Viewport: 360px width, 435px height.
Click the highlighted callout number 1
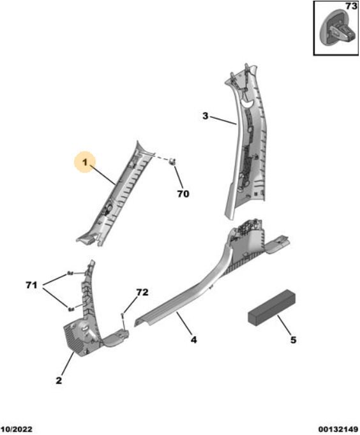85,162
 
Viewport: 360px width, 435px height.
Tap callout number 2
59,380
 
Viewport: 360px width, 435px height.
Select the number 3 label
205,115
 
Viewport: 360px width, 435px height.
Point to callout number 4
194,339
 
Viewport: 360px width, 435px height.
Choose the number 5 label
294,339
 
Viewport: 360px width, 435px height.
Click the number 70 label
183,194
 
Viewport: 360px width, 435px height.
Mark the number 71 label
31,285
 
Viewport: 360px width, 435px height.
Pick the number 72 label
142,292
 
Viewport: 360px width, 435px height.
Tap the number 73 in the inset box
351,6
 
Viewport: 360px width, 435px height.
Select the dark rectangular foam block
271,307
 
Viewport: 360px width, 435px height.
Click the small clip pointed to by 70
172,161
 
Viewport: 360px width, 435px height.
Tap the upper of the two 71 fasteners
70,274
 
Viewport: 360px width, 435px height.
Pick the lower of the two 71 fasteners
71,309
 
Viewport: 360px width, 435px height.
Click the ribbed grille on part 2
73,339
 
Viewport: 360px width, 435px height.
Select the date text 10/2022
17,430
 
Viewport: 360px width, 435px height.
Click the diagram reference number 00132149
338,430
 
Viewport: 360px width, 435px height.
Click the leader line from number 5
284,325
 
